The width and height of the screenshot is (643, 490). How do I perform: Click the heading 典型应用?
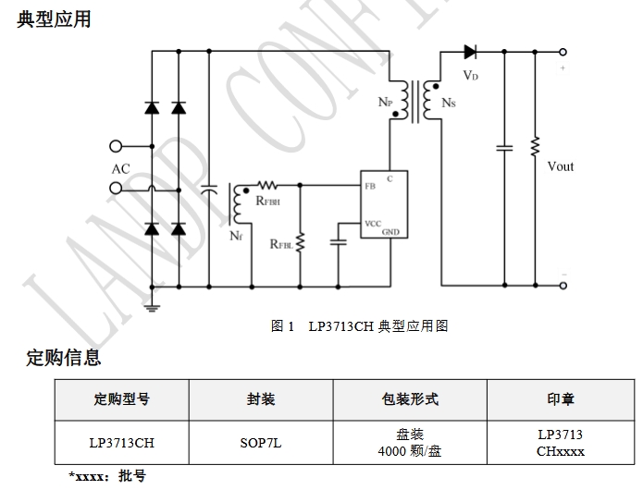tap(55, 18)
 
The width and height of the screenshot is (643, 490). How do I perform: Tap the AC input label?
tap(120, 168)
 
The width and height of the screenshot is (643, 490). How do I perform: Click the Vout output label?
tap(560, 166)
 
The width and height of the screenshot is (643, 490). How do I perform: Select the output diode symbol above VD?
tap(469, 52)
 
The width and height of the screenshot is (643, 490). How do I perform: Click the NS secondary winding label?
tap(449, 103)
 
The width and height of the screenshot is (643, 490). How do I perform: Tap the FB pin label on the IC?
tap(370, 186)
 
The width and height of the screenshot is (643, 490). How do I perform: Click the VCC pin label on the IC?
tap(373, 223)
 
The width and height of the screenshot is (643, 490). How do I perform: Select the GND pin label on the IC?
tap(390, 232)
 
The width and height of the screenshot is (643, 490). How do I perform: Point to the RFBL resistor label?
tap(281, 244)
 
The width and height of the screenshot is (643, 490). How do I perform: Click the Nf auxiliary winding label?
tap(236, 235)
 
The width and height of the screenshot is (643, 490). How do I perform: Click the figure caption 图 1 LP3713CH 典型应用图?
tap(359, 326)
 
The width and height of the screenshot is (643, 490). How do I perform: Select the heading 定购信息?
tap(63, 358)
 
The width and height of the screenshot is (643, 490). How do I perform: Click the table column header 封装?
tap(260, 399)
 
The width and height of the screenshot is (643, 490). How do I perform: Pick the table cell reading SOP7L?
tap(260, 443)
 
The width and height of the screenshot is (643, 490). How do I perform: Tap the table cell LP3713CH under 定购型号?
tap(121, 443)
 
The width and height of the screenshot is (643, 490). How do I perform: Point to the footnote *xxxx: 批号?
tap(107, 476)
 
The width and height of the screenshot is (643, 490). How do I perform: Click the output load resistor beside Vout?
tap(534, 148)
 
